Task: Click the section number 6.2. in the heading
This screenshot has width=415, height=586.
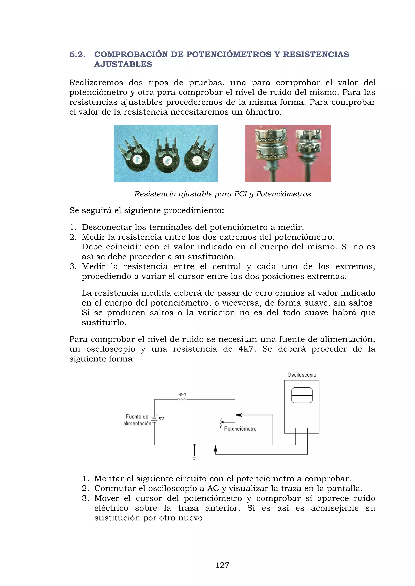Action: pyautogui.click(x=77, y=54)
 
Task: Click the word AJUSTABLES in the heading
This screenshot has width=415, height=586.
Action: pyautogui.click(x=123, y=64)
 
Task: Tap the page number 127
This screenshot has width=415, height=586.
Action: pyautogui.click(x=222, y=565)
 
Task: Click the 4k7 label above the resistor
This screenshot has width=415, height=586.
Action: pyautogui.click(x=182, y=395)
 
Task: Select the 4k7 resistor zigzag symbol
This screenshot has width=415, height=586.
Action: pyautogui.click(x=182, y=399)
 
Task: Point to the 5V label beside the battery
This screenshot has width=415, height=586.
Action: pyautogui.click(x=161, y=419)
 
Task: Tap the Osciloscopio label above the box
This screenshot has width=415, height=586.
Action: pyautogui.click(x=302, y=375)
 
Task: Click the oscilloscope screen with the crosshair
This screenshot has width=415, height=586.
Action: pyautogui.click(x=302, y=395)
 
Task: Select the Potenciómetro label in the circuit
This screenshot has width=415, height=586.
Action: pyautogui.click(x=240, y=429)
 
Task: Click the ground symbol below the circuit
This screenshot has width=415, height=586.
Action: pyautogui.click(x=194, y=457)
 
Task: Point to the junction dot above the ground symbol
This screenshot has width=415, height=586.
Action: pyautogui.click(x=194, y=445)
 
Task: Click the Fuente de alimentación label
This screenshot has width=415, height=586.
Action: pyautogui.click(x=137, y=420)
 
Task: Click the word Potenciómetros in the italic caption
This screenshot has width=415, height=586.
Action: pyautogui.click(x=283, y=194)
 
